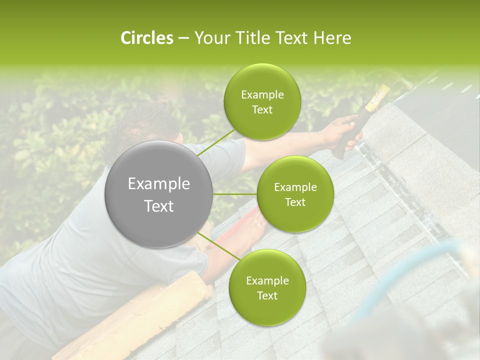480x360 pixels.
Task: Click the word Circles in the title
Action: point(146,38)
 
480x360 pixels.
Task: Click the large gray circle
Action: point(158,194)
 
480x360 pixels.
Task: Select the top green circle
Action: point(262,102)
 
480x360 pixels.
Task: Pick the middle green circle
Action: point(295,194)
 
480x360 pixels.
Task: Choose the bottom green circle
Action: point(267,287)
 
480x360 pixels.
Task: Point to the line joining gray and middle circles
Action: point(234,194)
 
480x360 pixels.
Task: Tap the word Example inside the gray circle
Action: point(158,184)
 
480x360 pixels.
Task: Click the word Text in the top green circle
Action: point(262,110)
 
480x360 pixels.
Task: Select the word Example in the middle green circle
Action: point(295,187)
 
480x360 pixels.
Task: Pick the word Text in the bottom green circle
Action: point(267,295)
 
